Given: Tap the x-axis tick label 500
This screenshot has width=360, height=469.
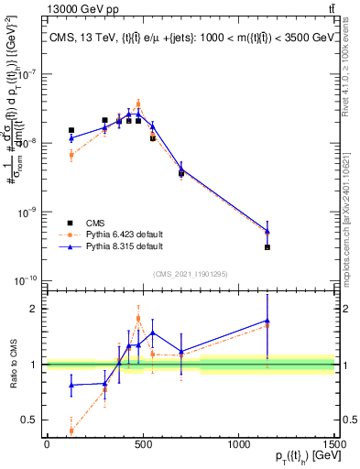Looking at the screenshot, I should coord(143,443).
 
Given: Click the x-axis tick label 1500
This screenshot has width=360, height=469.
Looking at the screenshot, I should coord(335,443).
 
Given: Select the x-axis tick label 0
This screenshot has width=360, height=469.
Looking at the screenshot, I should coord(47,443).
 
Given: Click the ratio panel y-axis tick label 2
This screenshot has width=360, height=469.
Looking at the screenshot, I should coord(35,309).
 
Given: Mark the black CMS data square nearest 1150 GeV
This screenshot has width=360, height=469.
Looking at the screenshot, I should coord(267,247).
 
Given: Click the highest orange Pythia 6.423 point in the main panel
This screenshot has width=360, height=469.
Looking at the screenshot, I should coord(138,104).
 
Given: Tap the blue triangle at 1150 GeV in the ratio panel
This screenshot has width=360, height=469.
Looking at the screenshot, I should coord(267,321).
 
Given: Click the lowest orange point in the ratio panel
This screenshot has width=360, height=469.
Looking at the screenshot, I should coord(71,430).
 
